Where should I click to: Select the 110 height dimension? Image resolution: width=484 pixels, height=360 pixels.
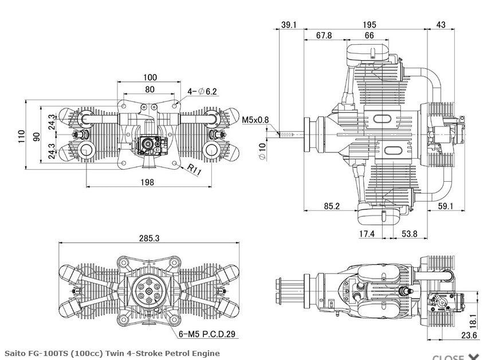click(x=21, y=136)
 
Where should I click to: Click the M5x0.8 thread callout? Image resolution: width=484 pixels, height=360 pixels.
click(x=255, y=120)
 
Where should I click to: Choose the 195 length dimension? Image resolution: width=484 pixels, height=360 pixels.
click(x=369, y=24)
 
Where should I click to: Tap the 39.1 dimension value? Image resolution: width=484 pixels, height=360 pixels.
click(x=289, y=24)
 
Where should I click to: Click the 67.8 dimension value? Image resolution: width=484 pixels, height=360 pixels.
click(x=324, y=36)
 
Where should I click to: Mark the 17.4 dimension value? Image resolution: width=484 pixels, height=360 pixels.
click(x=367, y=234)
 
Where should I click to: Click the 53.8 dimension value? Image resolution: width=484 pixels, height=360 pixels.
click(x=409, y=234)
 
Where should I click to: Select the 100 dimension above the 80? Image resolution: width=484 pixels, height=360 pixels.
click(x=150, y=77)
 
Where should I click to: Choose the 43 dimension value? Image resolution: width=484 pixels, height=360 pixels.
click(x=441, y=24)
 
